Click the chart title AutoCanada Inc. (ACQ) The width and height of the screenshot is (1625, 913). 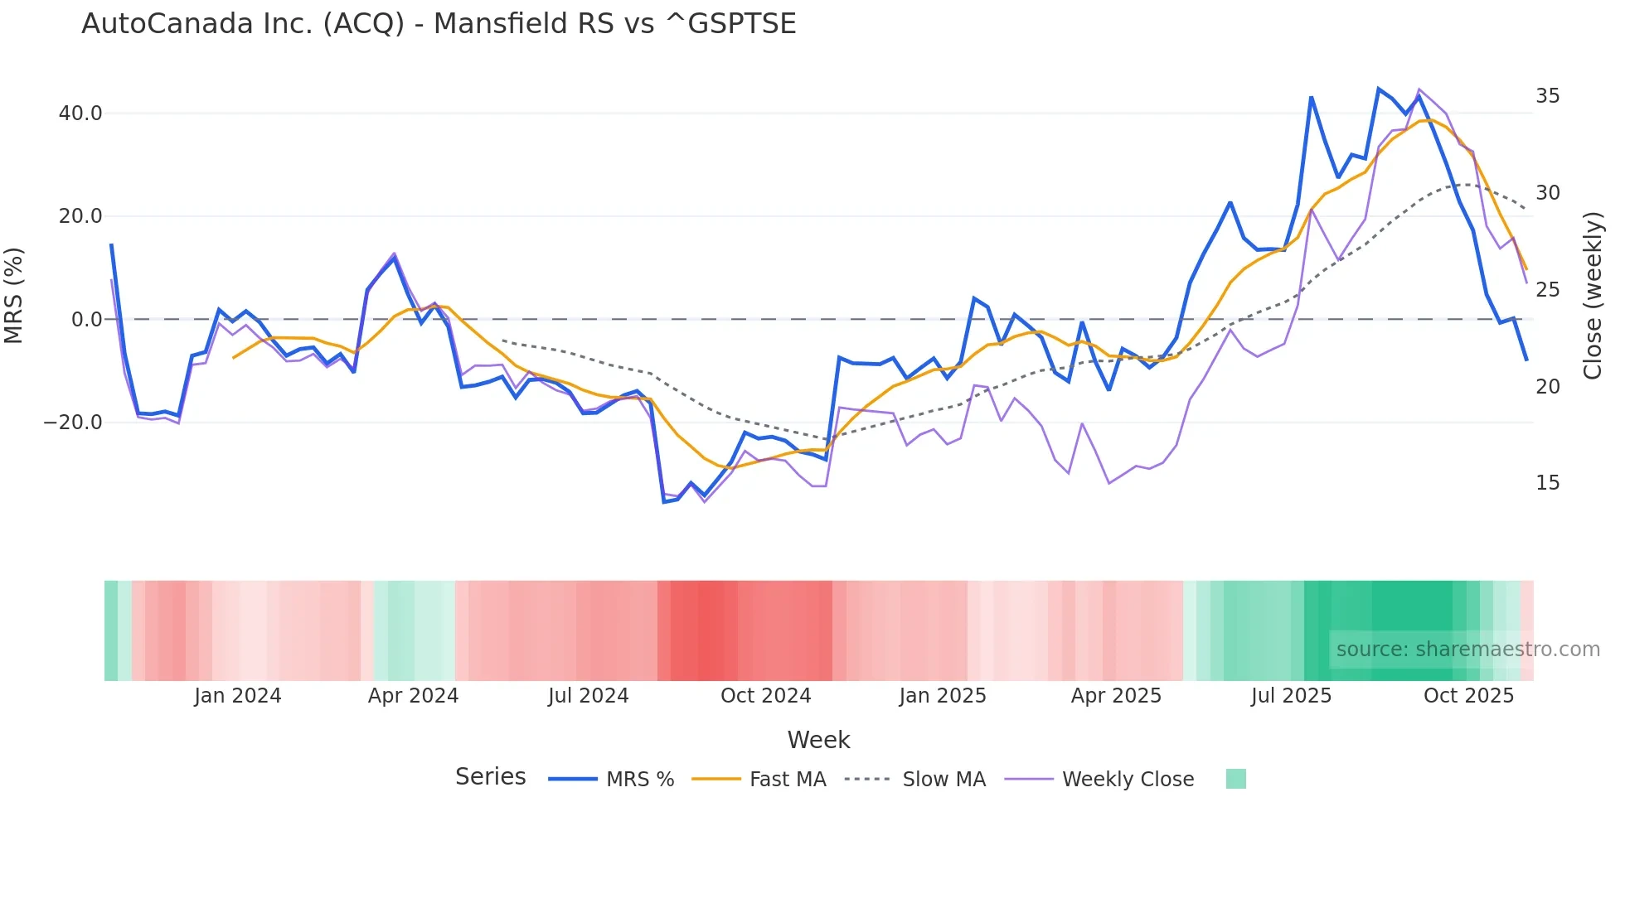[x=439, y=24]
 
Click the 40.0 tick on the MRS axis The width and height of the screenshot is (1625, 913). [x=80, y=114]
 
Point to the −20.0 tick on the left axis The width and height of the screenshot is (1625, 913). [x=74, y=423]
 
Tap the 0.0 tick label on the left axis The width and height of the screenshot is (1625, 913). [x=87, y=320]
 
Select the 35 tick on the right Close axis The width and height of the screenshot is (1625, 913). [x=1547, y=96]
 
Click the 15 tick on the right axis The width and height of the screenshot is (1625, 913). [x=1547, y=483]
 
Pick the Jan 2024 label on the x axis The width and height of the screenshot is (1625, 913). [x=238, y=696]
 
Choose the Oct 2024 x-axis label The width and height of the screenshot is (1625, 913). [x=765, y=696]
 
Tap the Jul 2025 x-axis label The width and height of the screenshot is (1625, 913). [x=1291, y=696]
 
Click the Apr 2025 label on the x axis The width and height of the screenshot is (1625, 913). [x=1116, y=696]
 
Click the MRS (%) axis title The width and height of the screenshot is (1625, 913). [x=14, y=296]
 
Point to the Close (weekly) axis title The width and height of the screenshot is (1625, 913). [x=1593, y=296]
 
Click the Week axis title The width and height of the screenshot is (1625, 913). [x=818, y=740]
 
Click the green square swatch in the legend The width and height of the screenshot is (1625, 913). [x=1235, y=779]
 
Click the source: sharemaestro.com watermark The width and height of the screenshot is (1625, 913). [x=1467, y=650]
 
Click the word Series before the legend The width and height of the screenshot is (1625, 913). [x=490, y=777]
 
